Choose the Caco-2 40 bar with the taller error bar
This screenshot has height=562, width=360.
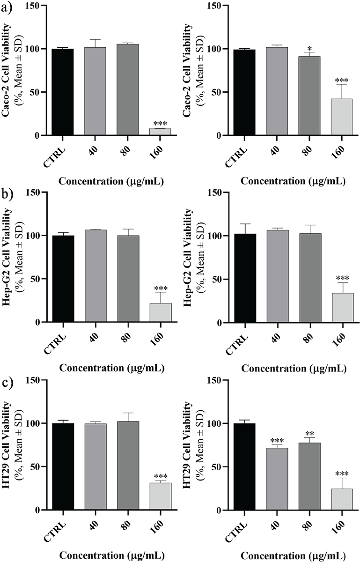point(96,91)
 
